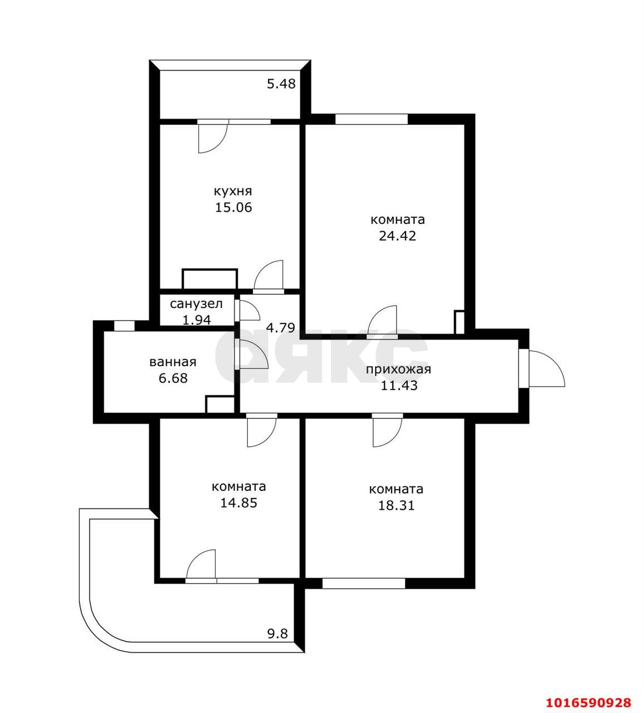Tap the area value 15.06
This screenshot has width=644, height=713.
(233, 207)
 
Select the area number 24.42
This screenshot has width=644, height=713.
(397, 236)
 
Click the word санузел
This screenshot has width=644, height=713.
(196, 304)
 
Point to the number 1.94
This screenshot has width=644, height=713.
(197, 320)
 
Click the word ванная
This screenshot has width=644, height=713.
(173, 362)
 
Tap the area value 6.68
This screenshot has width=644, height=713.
(173, 378)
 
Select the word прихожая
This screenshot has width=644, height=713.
(398, 370)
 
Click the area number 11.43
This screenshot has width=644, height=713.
(399, 385)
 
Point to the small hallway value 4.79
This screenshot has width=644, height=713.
(281, 328)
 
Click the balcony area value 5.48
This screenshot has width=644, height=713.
(281, 84)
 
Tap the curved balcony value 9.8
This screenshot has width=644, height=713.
(277, 634)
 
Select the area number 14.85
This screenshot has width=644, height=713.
(238, 503)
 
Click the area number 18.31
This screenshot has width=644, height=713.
(396, 505)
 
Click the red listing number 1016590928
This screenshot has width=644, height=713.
(588, 702)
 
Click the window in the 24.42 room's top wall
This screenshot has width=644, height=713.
(372, 119)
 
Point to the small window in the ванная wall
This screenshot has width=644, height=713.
(124, 325)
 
